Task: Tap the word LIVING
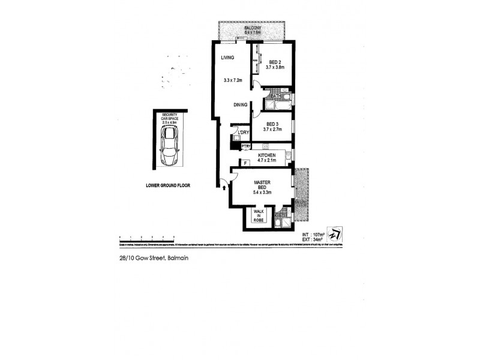tap(227, 58)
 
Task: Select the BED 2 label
tap(275, 62)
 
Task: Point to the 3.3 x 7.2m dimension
tap(232, 80)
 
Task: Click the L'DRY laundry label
tap(244, 133)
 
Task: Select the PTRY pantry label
tap(245, 146)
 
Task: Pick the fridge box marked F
tap(244, 163)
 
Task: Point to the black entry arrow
tap(225, 187)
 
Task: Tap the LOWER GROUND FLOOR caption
tap(168, 185)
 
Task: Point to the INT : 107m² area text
tap(314, 234)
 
